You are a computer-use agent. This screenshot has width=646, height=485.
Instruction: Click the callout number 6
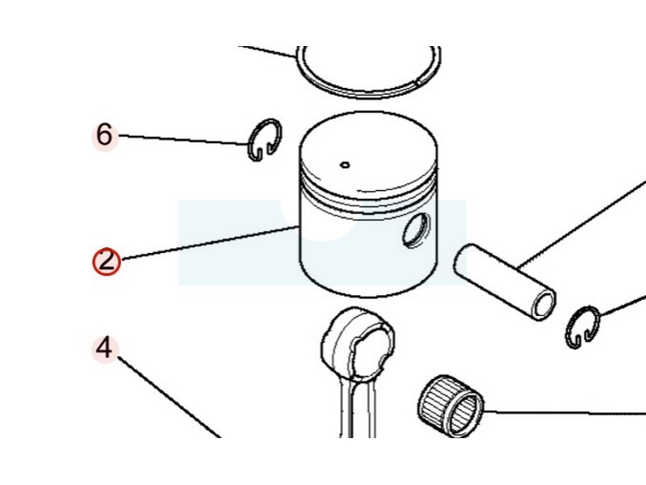coord(104,135)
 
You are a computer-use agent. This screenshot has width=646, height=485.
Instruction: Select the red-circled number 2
coord(107,261)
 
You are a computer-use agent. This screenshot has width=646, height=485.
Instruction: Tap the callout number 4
coord(104,348)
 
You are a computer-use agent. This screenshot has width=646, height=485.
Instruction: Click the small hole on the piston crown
coord(346,166)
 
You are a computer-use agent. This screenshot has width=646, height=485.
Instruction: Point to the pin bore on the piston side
coord(416,230)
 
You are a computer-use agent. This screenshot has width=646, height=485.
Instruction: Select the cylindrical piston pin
coord(505,282)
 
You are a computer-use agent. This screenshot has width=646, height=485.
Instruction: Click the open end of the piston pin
coord(544,306)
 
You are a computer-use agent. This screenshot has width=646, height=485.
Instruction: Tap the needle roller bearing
coord(451,406)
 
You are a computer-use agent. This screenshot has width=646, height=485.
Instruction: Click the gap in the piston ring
coord(417,82)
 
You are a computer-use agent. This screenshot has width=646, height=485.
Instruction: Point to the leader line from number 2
coord(210,243)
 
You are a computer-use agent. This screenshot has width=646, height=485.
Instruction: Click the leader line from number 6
coord(183,140)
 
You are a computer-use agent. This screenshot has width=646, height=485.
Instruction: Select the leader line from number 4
coord(170,397)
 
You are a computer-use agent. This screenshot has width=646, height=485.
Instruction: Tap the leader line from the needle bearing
coord(564,411)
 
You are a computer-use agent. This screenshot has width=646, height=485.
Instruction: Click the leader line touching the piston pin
coord(581,223)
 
